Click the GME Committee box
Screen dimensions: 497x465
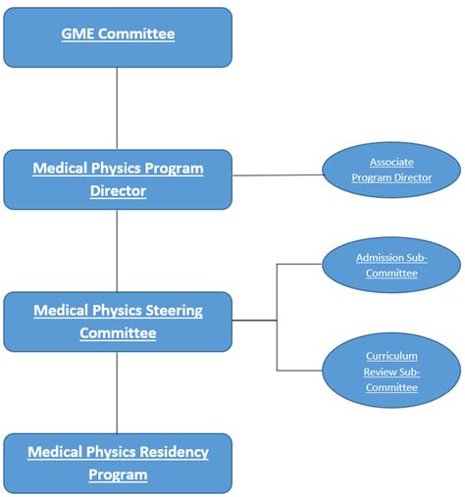click(118, 36)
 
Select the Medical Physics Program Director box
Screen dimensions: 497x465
click(118, 179)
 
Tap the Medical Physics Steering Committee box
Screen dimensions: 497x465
click(118, 322)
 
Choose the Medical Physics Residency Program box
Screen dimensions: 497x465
click(118, 464)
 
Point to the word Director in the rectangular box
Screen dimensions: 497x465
click(118, 191)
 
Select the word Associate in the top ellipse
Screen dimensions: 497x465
click(392, 162)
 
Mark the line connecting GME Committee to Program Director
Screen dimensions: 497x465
click(118, 108)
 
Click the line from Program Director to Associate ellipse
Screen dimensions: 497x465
click(278, 174)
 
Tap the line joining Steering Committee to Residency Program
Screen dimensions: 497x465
click(118, 392)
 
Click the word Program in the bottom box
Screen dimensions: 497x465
click(118, 475)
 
